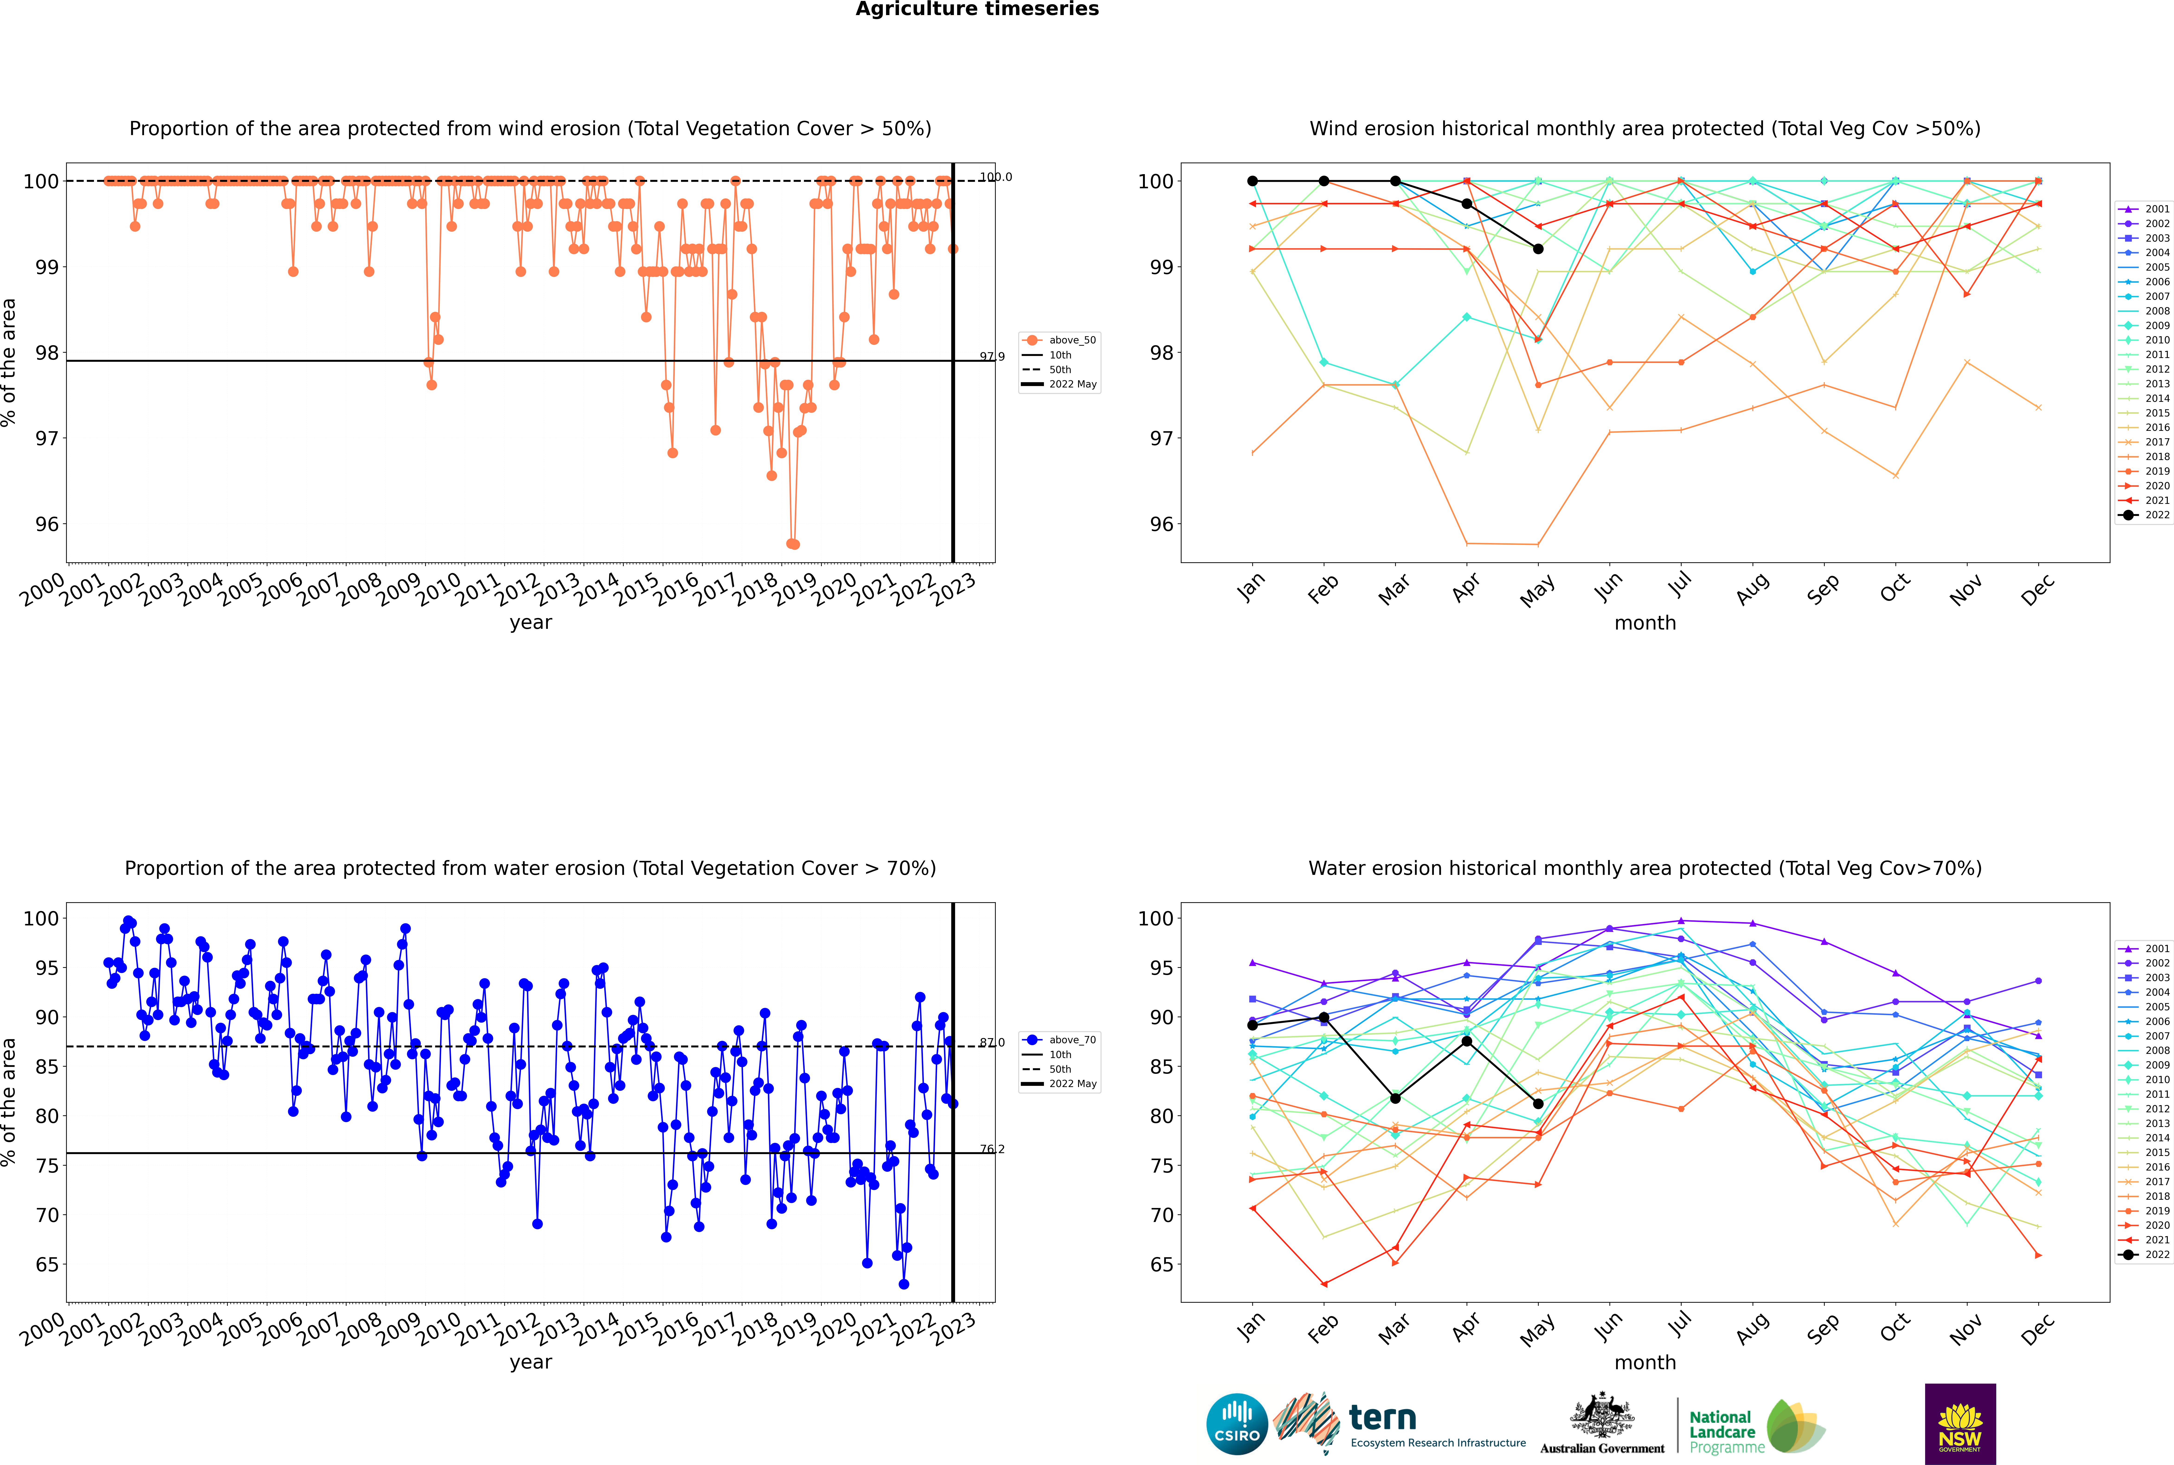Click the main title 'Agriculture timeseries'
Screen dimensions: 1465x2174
click(977, 9)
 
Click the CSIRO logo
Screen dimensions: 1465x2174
click(1236, 1424)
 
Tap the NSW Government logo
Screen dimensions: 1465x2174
click(1960, 1424)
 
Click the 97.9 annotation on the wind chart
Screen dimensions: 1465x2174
click(992, 356)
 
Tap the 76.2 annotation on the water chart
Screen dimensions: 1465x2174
click(992, 1149)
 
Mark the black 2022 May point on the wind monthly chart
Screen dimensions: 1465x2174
click(1538, 249)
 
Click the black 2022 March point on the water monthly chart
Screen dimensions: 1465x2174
click(1395, 1099)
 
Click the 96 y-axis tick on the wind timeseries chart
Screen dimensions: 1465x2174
click(47, 524)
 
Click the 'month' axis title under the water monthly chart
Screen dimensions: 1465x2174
click(1645, 1363)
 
